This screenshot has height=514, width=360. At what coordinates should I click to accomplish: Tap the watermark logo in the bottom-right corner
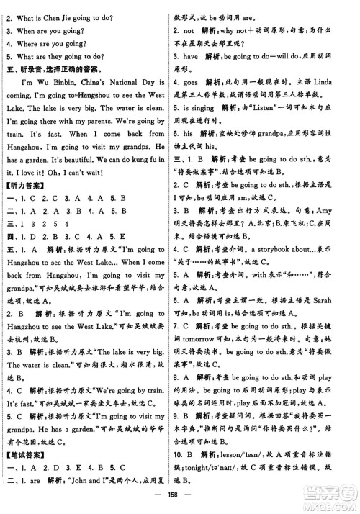click(331, 497)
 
